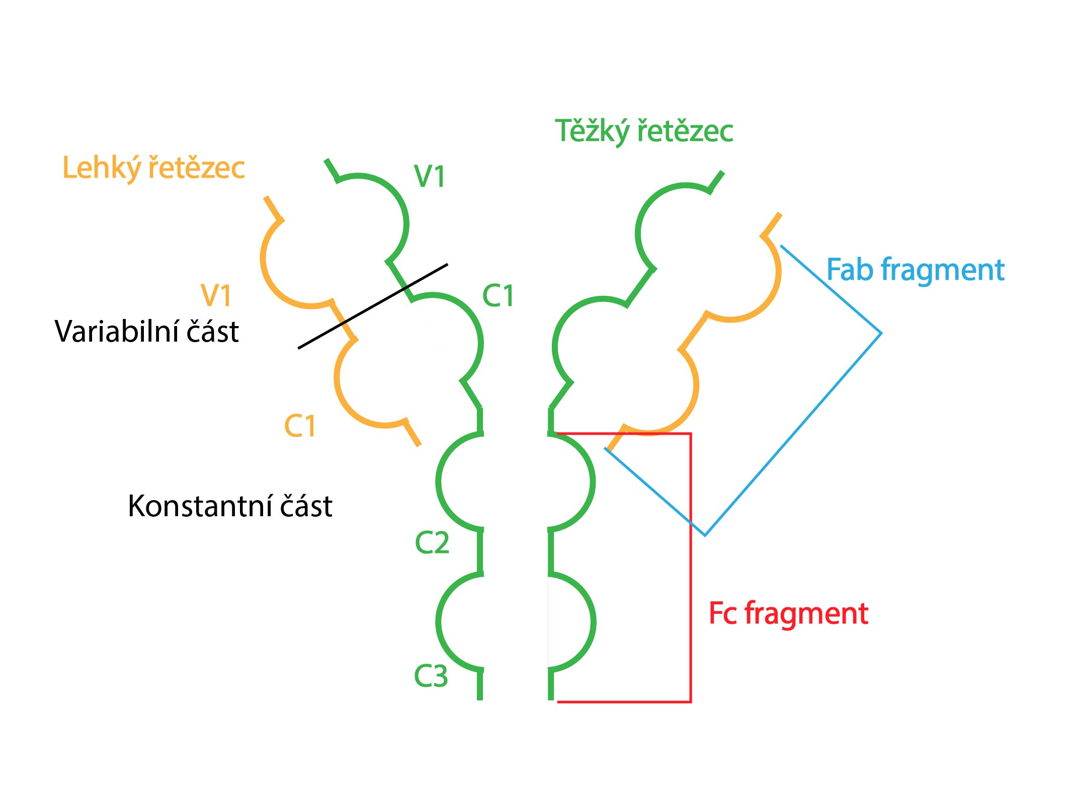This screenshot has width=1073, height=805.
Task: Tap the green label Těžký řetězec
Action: (644, 131)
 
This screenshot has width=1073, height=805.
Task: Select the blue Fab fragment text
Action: (916, 271)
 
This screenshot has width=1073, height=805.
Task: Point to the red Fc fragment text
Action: (788, 614)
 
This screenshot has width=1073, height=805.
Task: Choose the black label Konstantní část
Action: (230, 506)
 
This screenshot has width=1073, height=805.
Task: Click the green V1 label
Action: (429, 177)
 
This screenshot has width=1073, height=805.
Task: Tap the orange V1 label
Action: (216, 295)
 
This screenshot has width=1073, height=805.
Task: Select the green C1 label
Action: (498, 295)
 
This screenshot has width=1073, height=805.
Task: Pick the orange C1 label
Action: (300, 426)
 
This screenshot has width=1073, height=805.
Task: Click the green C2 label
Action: (432, 543)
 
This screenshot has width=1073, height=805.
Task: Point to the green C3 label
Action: (431, 676)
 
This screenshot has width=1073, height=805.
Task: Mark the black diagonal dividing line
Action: (373, 306)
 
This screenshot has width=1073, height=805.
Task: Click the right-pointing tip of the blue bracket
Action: (881, 333)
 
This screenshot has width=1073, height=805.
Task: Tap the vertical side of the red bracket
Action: (690, 568)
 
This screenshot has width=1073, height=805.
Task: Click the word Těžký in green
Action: (592, 131)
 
